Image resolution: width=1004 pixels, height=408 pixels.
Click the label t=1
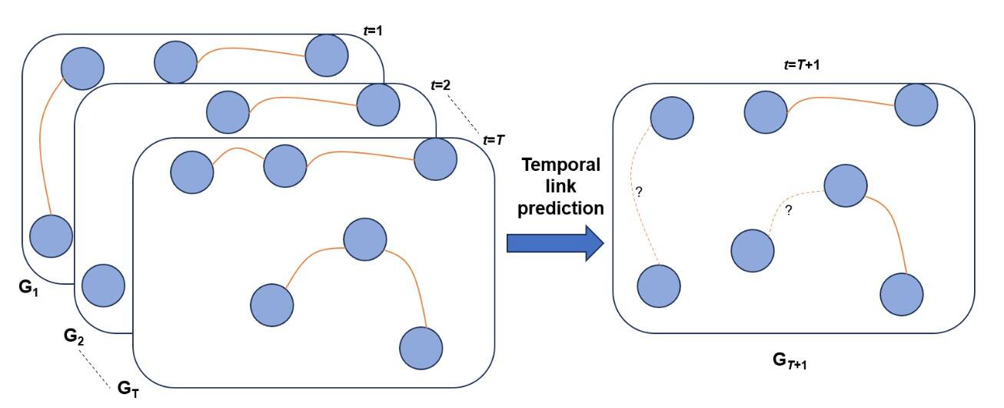tap(373, 31)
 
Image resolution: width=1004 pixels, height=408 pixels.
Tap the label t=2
tap(441, 85)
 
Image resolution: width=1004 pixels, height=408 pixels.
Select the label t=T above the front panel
tap(493, 139)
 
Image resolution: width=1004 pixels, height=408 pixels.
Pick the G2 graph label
tap(74, 336)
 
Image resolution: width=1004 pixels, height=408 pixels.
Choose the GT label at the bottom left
tap(128, 389)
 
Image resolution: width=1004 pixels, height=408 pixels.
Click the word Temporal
tap(560, 166)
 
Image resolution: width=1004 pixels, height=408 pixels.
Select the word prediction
tap(560, 208)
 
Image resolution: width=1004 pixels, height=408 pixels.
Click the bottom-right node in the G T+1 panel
tap(901, 293)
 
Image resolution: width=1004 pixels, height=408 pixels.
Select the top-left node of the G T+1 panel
tap(672, 118)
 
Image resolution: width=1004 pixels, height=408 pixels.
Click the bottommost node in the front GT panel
tap(421, 348)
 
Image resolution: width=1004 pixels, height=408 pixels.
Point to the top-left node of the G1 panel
tap(82, 68)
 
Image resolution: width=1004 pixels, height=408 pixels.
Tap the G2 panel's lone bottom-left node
tap(103, 286)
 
